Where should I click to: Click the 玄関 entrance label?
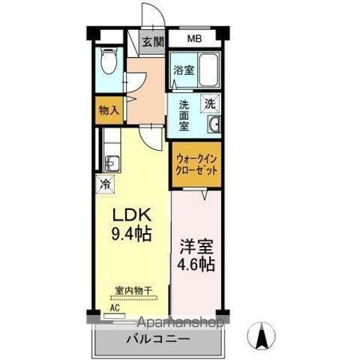[154, 42]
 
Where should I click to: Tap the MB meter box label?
[194, 38]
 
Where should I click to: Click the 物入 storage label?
[109, 110]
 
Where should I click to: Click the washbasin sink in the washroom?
[214, 125]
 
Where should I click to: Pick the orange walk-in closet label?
[197, 165]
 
